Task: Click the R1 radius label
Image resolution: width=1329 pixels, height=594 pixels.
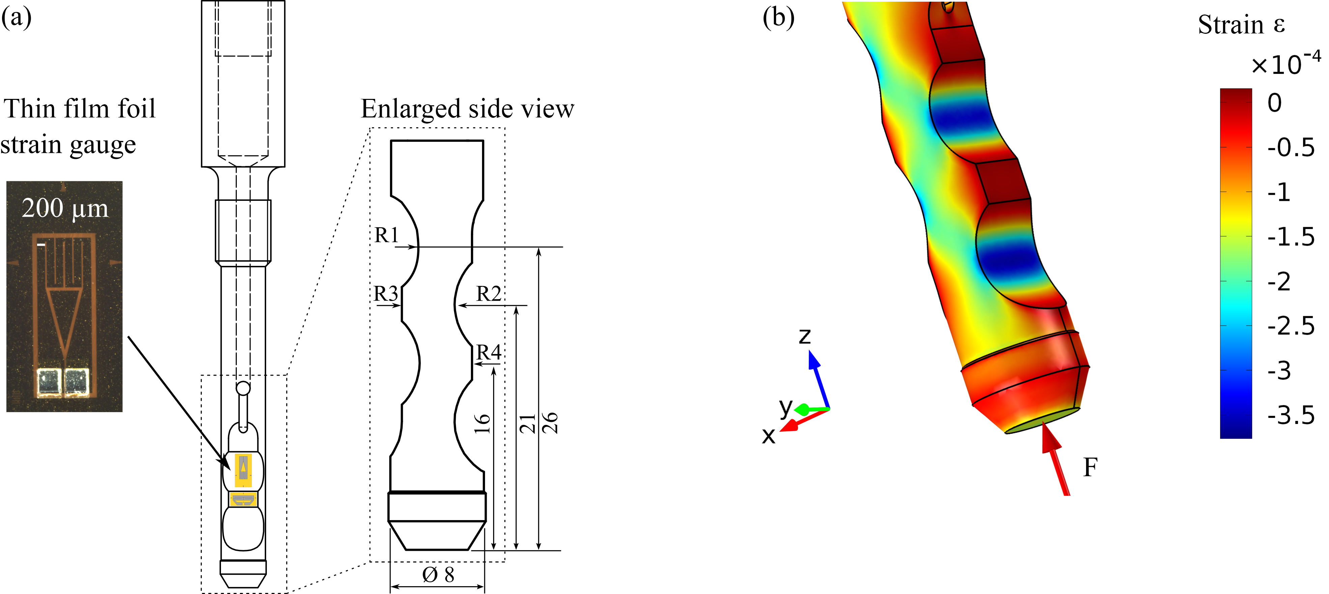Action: tap(387, 235)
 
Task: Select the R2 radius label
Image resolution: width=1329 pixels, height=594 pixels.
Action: tap(488, 294)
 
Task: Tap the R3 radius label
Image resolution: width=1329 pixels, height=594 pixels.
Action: tap(386, 294)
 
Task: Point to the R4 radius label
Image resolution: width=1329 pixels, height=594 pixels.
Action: tap(488, 352)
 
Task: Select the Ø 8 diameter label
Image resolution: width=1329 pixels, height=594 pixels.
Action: tap(438, 574)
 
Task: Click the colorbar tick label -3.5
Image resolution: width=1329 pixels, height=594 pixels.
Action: tap(1291, 415)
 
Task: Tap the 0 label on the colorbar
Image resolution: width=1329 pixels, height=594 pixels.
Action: tap(1274, 103)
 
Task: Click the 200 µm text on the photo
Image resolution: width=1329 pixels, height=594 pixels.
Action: tap(65, 209)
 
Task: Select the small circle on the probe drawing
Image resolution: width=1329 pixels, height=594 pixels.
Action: tap(243, 388)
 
